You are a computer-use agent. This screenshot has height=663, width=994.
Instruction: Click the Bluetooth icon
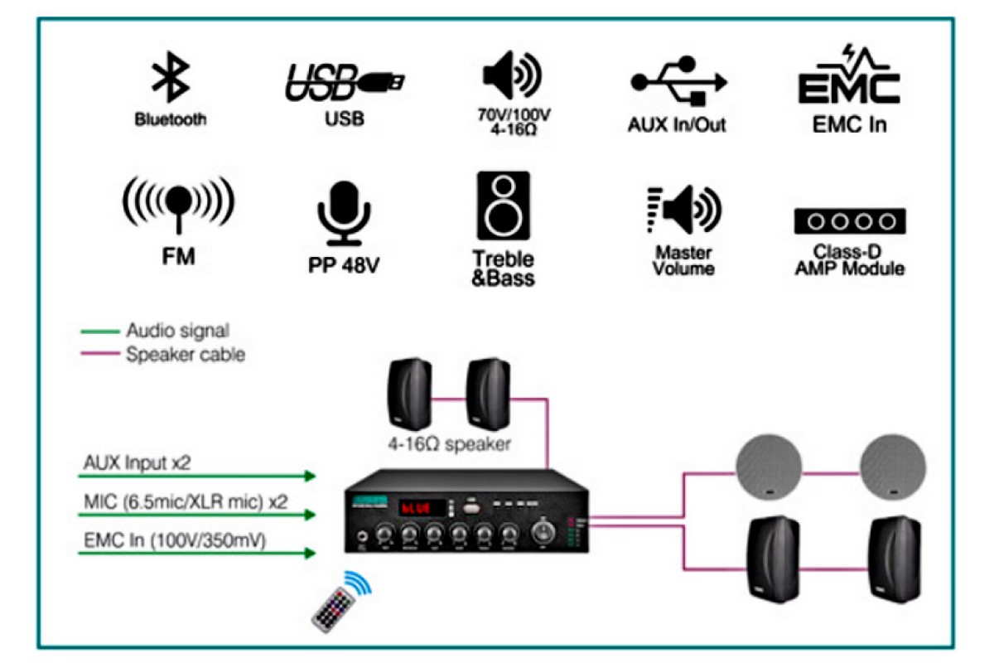[x=171, y=80]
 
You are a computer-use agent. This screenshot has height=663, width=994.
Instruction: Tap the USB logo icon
[x=344, y=82]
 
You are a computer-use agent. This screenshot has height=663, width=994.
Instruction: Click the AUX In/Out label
[x=677, y=125]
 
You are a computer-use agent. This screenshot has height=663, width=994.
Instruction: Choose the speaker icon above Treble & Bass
[x=503, y=206]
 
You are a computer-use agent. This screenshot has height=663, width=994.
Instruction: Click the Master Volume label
[x=684, y=259]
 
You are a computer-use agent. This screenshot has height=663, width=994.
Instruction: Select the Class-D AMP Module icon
[x=849, y=221]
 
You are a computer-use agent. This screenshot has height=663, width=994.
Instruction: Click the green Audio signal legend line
[x=99, y=331]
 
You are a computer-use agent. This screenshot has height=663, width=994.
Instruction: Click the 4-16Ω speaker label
[x=451, y=444]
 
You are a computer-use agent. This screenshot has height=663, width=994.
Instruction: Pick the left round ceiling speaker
[x=770, y=467]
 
